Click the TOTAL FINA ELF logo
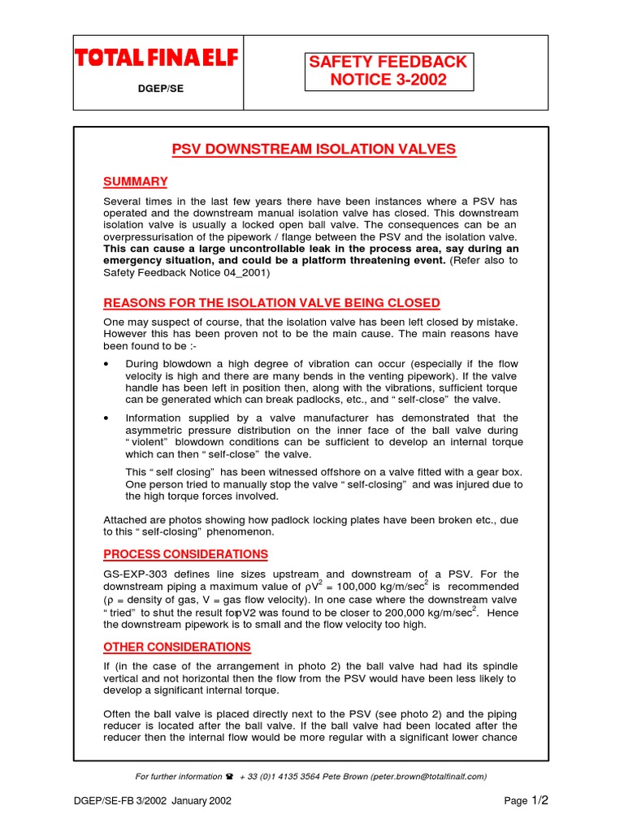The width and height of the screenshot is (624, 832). click(x=155, y=58)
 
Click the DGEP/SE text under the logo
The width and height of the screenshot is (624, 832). click(x=159, y=89)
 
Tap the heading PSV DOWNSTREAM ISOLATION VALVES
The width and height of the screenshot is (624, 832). click(x=314, y=149)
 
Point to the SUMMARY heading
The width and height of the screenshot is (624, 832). click(x=136, y=181)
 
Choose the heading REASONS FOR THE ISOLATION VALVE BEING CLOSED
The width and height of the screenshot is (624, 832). click(x=271, y=303)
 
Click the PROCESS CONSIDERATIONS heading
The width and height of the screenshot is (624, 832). click(x=185, y=554)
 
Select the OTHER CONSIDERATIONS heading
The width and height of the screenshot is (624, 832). click(x=177, y=647)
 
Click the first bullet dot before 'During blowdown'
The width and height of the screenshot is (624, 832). click(x=106, y=364)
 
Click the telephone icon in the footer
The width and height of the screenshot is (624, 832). click(x=228, y=777)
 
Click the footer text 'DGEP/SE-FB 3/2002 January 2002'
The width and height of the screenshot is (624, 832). click(x=153, y=801)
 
